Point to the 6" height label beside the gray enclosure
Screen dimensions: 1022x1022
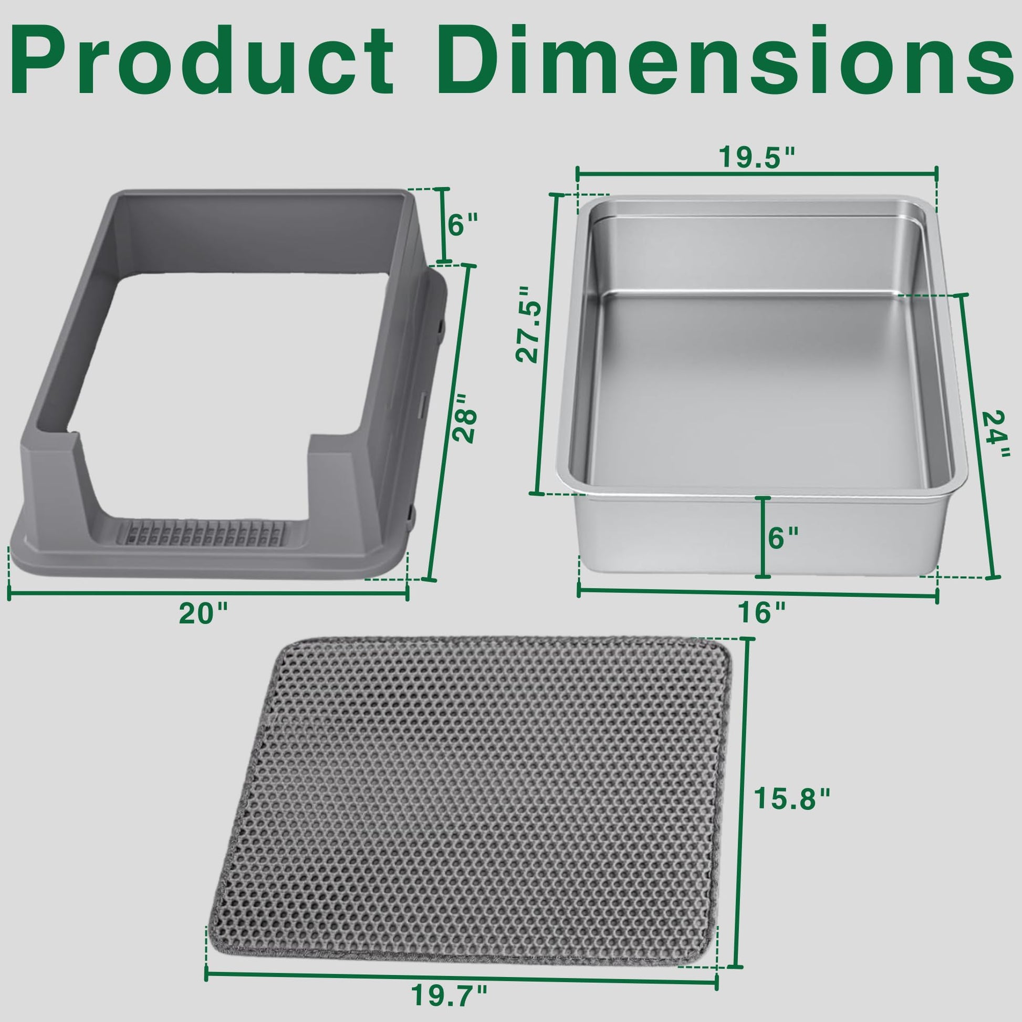click(463, 225)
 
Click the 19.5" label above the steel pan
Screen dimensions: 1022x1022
click(757, 157)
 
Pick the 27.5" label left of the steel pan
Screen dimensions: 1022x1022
click(530, 324)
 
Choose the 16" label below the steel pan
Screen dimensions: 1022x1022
click(762, 613)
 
